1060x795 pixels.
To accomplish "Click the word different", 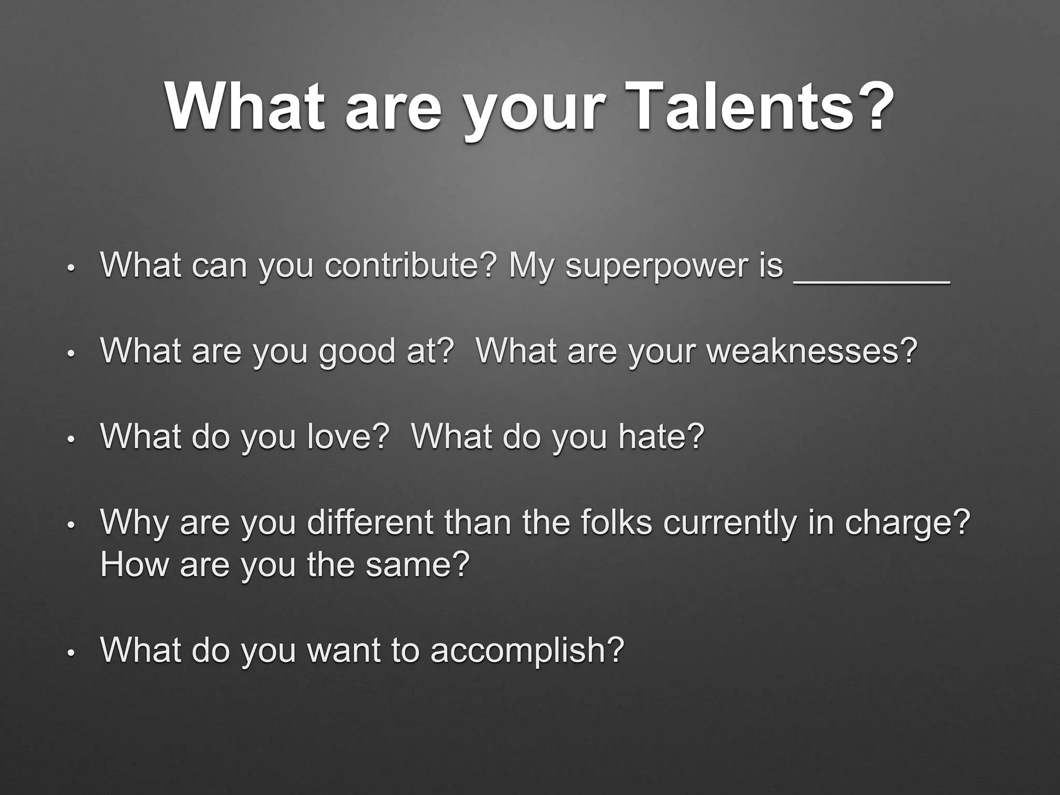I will (x=370, y=522).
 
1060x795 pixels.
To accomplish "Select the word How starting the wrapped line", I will (x=135, y=565).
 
